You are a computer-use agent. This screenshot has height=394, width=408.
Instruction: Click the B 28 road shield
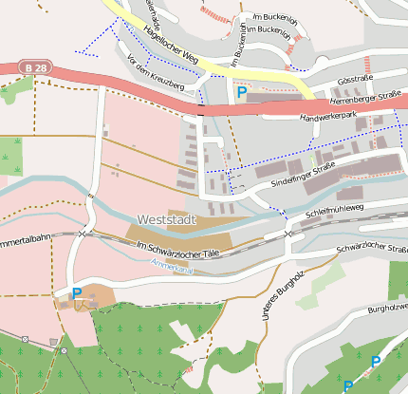35,68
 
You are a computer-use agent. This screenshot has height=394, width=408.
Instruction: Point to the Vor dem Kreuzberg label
155,73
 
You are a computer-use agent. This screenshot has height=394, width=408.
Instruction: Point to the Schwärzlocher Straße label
369,250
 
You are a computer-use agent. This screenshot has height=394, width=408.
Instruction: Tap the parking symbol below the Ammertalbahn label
76,293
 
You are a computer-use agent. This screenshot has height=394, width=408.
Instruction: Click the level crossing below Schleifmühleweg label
287,232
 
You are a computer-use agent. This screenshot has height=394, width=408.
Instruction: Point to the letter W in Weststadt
143,218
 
